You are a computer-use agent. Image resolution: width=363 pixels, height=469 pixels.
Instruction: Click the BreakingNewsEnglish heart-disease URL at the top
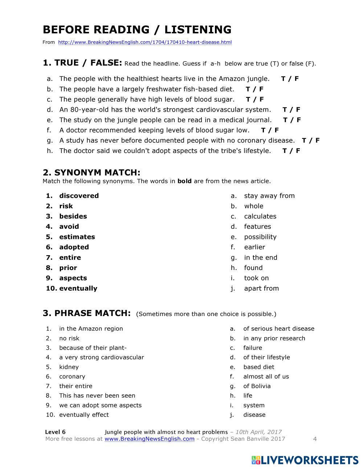click(x=144, y=42)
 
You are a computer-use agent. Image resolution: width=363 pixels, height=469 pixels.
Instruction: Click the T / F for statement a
click(x=290, y=79)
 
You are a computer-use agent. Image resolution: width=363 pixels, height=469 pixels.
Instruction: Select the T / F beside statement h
click(x=291, y=151)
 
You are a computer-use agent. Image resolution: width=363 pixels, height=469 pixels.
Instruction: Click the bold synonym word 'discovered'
click(x=79, y=196)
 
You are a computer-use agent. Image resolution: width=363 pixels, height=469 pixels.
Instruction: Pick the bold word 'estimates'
click(x=77, y=237)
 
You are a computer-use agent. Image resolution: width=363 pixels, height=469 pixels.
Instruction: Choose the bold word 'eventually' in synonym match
click(x=78, y=289)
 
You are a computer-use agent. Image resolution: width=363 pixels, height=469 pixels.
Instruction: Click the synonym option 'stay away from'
click(x=269, y=196)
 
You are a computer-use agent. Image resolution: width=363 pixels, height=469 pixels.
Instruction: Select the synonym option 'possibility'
click(x=260, y=237)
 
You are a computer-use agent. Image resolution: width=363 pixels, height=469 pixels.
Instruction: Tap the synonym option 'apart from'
click(x=261, y=289)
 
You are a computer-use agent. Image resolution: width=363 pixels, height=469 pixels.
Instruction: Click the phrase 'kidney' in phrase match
click(x=69, y=367)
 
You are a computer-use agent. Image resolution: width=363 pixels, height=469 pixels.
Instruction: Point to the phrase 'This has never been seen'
click(x=97, y=395)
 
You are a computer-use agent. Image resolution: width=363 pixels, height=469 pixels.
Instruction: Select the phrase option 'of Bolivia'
click(x=257, y=386)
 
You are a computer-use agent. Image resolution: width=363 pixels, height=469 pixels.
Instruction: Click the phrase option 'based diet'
click(x=258, y=367)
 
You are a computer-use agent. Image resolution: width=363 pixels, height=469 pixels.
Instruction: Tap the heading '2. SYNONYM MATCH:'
click(x=91, y=173)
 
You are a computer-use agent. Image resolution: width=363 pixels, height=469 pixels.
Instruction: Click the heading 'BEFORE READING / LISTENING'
click(x=137, y=30)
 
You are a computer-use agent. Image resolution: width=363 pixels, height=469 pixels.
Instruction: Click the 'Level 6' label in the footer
click(x=55, y=432)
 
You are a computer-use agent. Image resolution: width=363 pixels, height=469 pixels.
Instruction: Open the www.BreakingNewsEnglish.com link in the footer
click(x=149, y=439)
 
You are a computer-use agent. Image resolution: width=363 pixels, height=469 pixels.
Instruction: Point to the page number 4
click(x=315, y=439)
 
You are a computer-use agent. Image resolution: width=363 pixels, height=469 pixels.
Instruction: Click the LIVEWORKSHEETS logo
click(x=305, y=460)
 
